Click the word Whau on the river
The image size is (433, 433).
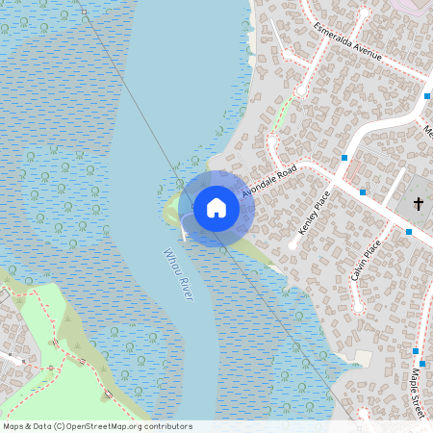(171, 263)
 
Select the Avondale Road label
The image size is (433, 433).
(268, 179)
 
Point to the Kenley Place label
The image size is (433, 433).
(315, 213)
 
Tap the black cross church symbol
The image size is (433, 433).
(419, 203)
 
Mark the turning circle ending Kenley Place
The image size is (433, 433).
(293, 246)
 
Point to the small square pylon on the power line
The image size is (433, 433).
(84, 12)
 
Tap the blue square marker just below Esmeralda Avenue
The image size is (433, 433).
(426, 96)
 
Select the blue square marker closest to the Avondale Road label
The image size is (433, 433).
(344, 157)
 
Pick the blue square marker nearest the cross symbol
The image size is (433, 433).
(408, 232)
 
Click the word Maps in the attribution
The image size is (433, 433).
(14, 426)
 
